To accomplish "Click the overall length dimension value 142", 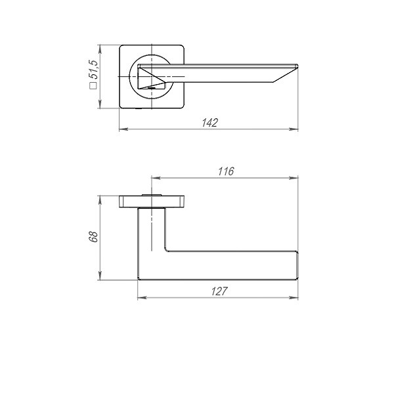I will click(209, 123).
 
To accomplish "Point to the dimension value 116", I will click(225, 171).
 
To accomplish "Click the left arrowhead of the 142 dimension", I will click(123, 129).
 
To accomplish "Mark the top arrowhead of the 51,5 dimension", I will click(100, 48).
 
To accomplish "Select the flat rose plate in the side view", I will click(152, 201).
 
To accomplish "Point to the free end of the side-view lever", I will click(296, 265).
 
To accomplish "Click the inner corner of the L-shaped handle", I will click(165, 251).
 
